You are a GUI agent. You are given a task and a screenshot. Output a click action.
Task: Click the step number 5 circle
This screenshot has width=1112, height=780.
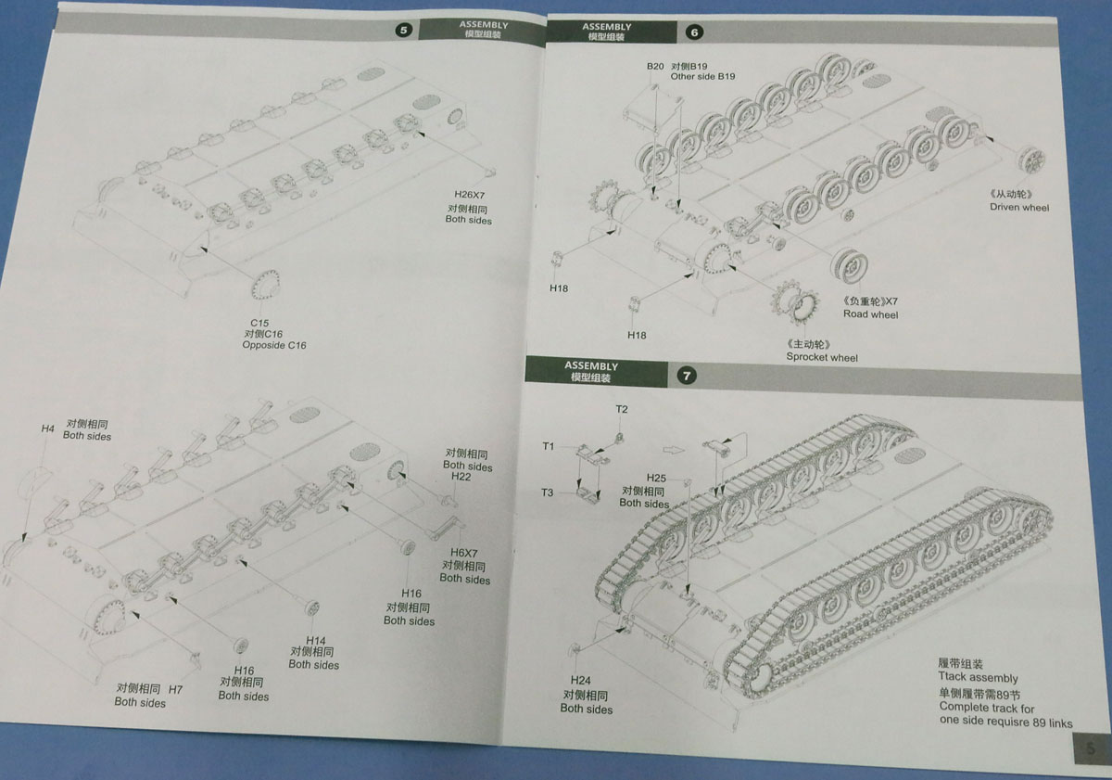404,30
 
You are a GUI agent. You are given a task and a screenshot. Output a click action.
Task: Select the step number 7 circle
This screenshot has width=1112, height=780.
687,376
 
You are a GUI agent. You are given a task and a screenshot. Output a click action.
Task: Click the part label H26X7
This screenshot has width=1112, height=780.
470,194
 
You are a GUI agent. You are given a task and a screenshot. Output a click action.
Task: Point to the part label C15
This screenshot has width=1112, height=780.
259,322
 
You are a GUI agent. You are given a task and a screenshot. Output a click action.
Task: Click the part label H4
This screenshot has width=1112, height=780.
48,428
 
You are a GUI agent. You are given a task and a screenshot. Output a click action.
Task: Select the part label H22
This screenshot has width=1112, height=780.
461,476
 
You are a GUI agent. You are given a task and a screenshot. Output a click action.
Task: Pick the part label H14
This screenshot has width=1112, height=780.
315,640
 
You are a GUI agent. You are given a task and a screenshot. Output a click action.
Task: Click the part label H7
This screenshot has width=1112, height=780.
176,689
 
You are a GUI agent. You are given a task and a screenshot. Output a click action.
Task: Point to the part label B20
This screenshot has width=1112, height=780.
655,67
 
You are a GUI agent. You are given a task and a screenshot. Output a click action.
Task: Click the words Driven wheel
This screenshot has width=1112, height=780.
1019,208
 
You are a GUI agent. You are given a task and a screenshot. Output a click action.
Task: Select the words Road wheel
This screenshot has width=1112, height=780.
870,314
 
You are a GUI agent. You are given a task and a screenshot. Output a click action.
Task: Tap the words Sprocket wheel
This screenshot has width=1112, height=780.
822,357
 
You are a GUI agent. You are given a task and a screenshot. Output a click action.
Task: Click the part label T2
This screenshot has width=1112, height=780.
622,409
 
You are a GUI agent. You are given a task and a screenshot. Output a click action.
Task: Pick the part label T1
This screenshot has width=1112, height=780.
549,446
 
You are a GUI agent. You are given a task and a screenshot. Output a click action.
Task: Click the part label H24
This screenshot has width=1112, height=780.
581,680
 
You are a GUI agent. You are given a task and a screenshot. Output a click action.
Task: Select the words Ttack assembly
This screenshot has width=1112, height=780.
978,678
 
